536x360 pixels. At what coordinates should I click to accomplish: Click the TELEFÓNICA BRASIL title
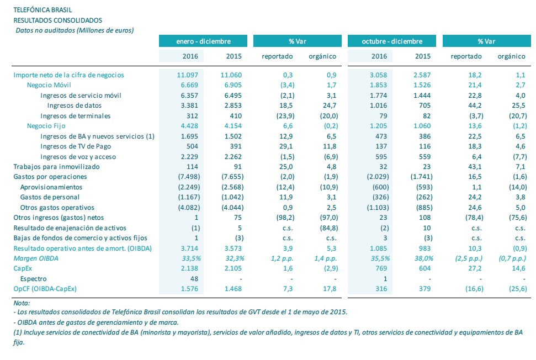(x=43, y=10)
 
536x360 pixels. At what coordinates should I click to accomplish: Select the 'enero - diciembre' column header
(x=203, y=41)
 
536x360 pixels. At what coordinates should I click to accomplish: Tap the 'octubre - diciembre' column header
(x=392, y=41)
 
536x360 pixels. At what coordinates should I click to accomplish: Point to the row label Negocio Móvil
(x=49, y=85)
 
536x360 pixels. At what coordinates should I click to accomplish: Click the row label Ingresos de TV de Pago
(x=76, y=146)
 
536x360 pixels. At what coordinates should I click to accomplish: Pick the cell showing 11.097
(x=187, y=75)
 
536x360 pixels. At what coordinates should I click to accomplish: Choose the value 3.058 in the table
(x=379, y=75)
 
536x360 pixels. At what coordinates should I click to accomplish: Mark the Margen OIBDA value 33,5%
(x=191, y=258)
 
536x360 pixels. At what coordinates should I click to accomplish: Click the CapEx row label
(x=23, y=268)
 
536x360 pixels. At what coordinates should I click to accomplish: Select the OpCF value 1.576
(x=189, y=289)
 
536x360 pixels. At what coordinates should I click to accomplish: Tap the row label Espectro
(x=33, y=279)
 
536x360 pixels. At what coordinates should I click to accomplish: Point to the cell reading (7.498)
(x=189, y=177)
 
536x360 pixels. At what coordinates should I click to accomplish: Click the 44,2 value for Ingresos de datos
(x=475, y=105)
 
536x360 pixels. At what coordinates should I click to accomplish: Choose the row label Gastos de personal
(x=50, y=197)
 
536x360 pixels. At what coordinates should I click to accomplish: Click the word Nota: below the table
(x=22, y=303)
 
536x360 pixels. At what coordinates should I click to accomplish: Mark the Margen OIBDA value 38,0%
(x=424, y=258)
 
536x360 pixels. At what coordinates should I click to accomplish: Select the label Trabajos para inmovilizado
(x=56, y=167)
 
